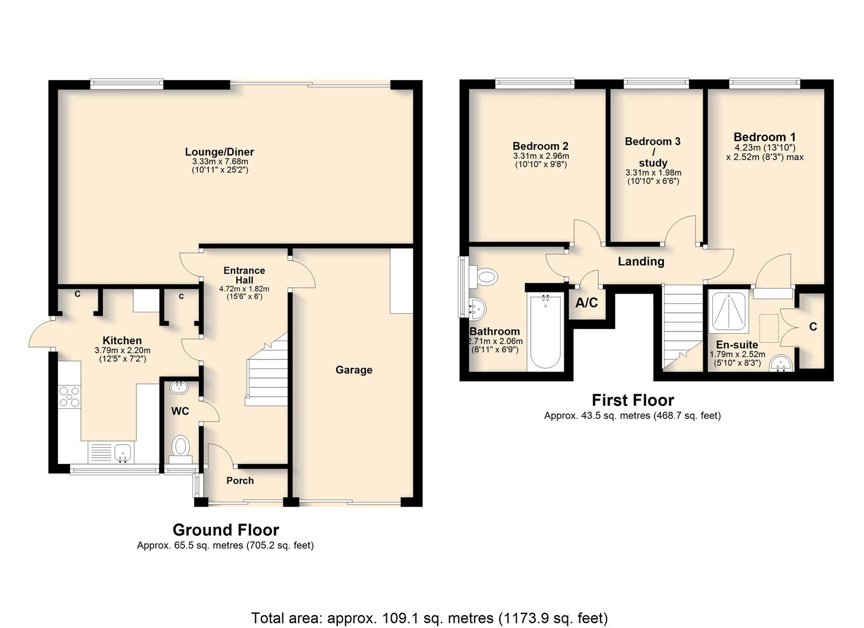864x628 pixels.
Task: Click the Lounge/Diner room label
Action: pos(219,152)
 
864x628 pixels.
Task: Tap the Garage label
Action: pos(354,370)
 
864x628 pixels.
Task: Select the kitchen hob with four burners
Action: pos(69,397)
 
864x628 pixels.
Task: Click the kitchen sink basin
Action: pos(123,452)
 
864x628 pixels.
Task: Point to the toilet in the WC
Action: pos(180,449)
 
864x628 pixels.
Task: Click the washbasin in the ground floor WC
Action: pos(179,387)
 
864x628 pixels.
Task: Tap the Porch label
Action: pos(240,481)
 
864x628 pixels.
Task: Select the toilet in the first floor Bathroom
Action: pos(483,276)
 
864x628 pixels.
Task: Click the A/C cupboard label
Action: pos(586,303)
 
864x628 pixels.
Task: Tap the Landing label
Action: pos(641,262)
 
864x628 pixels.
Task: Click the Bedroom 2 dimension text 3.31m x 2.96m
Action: pos(541,156)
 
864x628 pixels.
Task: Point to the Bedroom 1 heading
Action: pos(765,137)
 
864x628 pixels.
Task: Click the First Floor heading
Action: pos(633,400)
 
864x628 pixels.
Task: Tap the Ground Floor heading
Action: pos(226,530)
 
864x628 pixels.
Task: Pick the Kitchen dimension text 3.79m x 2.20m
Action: pos(122,351)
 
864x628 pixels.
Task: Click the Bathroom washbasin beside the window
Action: pos(478,308)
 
